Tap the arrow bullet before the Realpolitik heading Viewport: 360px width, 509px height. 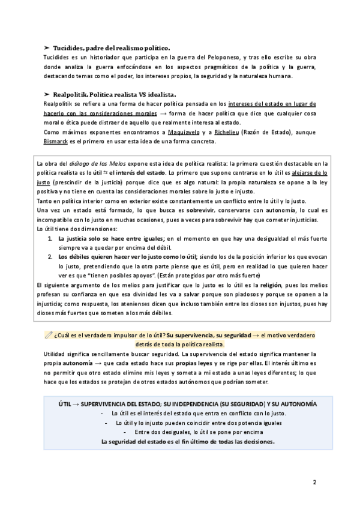[x=47, y=95]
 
